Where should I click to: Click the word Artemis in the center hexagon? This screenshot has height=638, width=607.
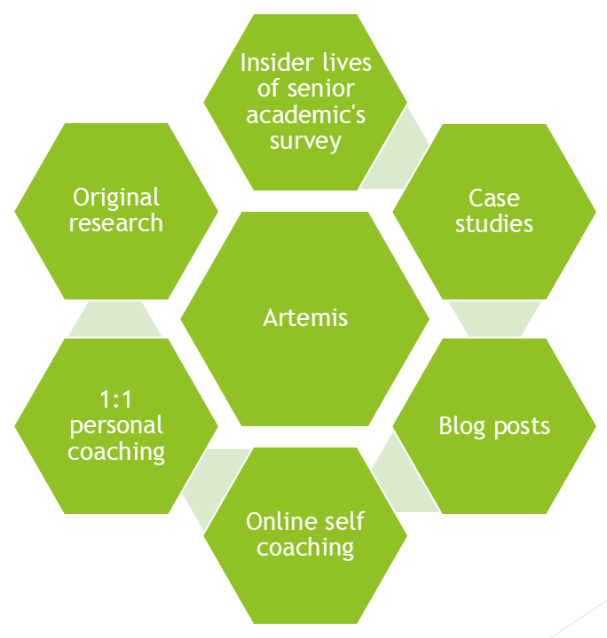coord(305,317)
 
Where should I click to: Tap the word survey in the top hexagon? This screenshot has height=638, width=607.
coord(305,141)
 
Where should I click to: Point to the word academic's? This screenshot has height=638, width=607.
coord(305,115)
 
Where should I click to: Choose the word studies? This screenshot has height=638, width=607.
coord(494,223)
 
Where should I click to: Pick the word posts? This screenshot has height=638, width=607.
coord(520,425)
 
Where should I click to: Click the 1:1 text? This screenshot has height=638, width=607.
coord(116,399)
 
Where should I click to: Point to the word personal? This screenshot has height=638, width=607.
coord(116,425)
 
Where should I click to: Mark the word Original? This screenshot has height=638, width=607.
coord(116,197)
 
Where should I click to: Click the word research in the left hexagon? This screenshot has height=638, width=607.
coord(116,222)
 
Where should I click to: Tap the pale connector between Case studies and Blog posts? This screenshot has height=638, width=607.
coord(494,318)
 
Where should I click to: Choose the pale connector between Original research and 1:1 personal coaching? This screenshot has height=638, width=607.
coord(116,318)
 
